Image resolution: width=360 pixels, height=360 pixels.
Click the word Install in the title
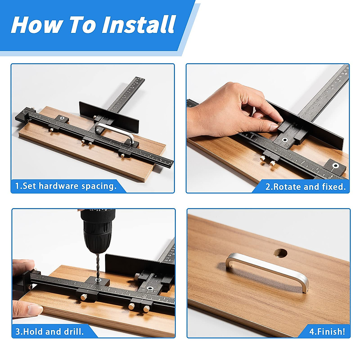point(138,25)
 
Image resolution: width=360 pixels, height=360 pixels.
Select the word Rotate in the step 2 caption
point(286,187)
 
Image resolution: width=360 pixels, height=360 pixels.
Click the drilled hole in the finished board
point(280,253)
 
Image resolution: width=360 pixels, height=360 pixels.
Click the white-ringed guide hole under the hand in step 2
point(285,140)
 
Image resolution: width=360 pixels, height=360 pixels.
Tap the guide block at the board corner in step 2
point(335,166)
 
